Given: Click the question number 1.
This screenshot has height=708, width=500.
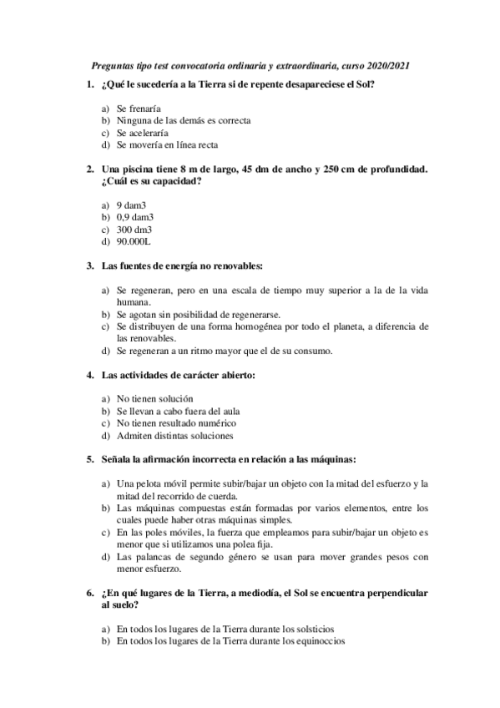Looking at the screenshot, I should click(89, 84).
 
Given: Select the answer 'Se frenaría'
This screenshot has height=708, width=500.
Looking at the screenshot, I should click(139, 109).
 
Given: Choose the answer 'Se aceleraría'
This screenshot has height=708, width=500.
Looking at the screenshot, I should click(143, 132).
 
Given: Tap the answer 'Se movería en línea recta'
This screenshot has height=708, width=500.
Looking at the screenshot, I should click(168, 144).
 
